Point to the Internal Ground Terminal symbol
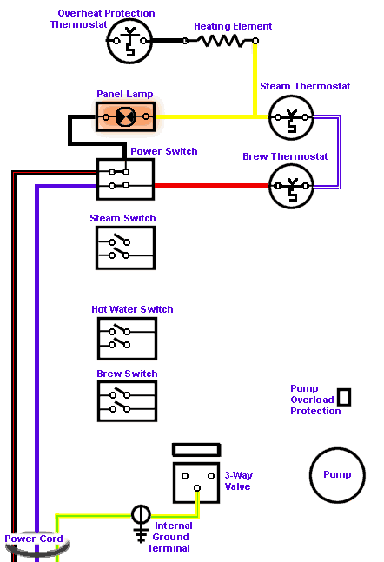coord(142,524)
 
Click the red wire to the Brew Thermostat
coord(211,185)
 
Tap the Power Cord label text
coord(34,539)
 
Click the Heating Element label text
coord(233,26)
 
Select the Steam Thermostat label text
coord(305,86)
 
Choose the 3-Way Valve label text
coord(238,480)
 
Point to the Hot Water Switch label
coord(132,309)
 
